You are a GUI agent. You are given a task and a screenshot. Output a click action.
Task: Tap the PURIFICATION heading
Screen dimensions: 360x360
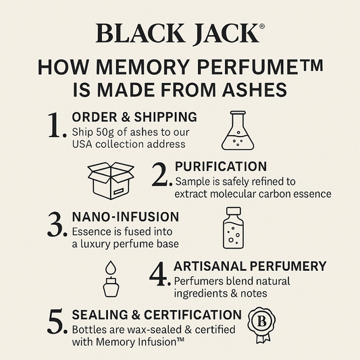tap(220, 166)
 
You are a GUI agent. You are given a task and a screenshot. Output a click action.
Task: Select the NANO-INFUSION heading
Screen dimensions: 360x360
tap(125, 217)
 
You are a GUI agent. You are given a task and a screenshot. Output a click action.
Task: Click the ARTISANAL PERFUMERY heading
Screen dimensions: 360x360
tap(250, 266)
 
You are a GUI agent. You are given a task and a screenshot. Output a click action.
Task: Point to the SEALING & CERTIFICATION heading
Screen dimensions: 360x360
tap(156, 315)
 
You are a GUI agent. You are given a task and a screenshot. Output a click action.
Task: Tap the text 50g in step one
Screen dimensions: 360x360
tap(107, 131)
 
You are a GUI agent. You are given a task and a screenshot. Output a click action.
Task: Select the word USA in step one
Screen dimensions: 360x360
tap(84, 143)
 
